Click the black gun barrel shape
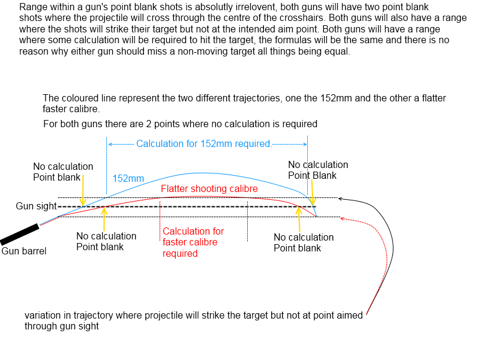[20, 233]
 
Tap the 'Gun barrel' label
[24, 251]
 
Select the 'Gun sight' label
[35, 206]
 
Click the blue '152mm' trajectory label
[128, 179]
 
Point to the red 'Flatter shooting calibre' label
[209, 189]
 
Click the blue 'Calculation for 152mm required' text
[204, 144]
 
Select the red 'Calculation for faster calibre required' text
[193, 242]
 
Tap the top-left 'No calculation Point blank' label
[63, 172]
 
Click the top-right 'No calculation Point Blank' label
[318, 170]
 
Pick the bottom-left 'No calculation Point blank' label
[106, 242]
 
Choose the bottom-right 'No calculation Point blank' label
[304, 242]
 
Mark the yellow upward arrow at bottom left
[104, 218]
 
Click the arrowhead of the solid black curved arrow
[341, 198]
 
